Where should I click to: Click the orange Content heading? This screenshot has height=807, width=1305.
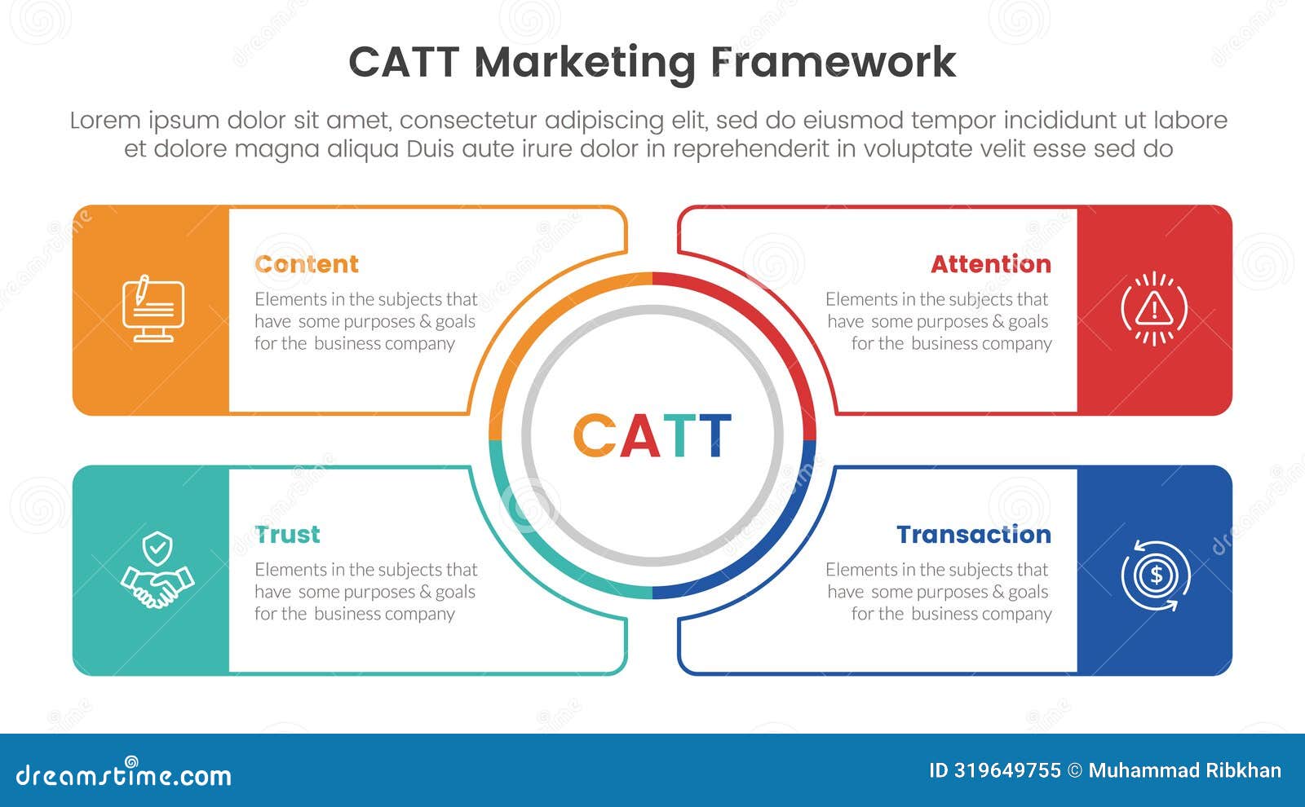(306, 264)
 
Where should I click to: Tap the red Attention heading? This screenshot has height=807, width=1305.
(990, 264)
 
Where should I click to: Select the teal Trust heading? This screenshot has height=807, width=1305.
(287, 535)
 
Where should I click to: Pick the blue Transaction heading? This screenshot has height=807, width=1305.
(973, 535)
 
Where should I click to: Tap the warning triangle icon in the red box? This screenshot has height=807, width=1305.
(1153, 309)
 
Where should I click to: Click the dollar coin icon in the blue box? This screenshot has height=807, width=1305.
(1155, 576)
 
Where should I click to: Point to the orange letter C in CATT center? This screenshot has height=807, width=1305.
(595, 435)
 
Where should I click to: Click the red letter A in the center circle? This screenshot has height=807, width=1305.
(639, 435)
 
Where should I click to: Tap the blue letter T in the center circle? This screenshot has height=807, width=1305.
(715, 435)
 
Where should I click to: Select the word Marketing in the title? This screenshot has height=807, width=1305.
(585, 64)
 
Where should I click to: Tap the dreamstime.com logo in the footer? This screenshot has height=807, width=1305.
(124, 774)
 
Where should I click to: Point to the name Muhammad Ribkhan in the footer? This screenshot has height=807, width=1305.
(1184, 771)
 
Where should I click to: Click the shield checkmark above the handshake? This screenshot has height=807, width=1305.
(157, 548)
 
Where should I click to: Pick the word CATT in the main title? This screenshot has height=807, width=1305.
(403, 62)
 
